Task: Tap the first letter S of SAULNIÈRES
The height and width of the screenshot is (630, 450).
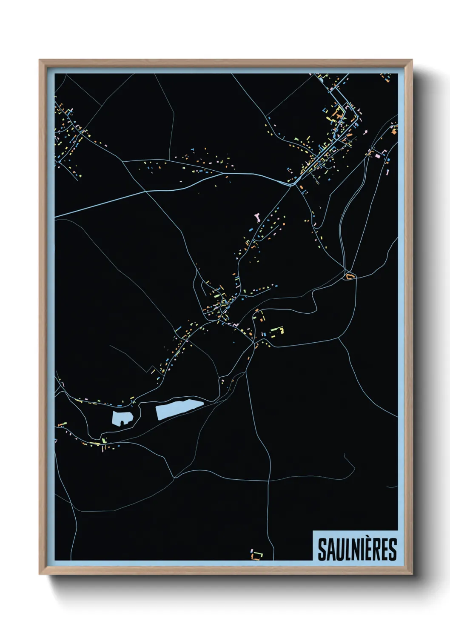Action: [x=322, y=550]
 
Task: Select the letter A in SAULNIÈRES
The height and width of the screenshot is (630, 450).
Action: [x=330, y=550]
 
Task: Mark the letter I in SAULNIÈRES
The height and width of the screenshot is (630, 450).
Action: [x=361, y=550]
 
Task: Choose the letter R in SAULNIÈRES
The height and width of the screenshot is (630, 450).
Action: [x=376, y=550]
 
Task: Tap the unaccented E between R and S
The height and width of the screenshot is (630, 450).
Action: [x=384, y=550]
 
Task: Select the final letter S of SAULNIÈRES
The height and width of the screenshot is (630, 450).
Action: [x=392, y=550]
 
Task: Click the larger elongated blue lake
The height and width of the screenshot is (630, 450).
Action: [x=179, y=409]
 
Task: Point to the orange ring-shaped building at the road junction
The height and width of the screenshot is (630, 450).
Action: [x=350, y=277]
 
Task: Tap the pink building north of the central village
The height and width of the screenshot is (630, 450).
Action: [x=257, y=218]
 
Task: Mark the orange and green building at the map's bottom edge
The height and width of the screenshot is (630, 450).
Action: [x=256, y=555]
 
